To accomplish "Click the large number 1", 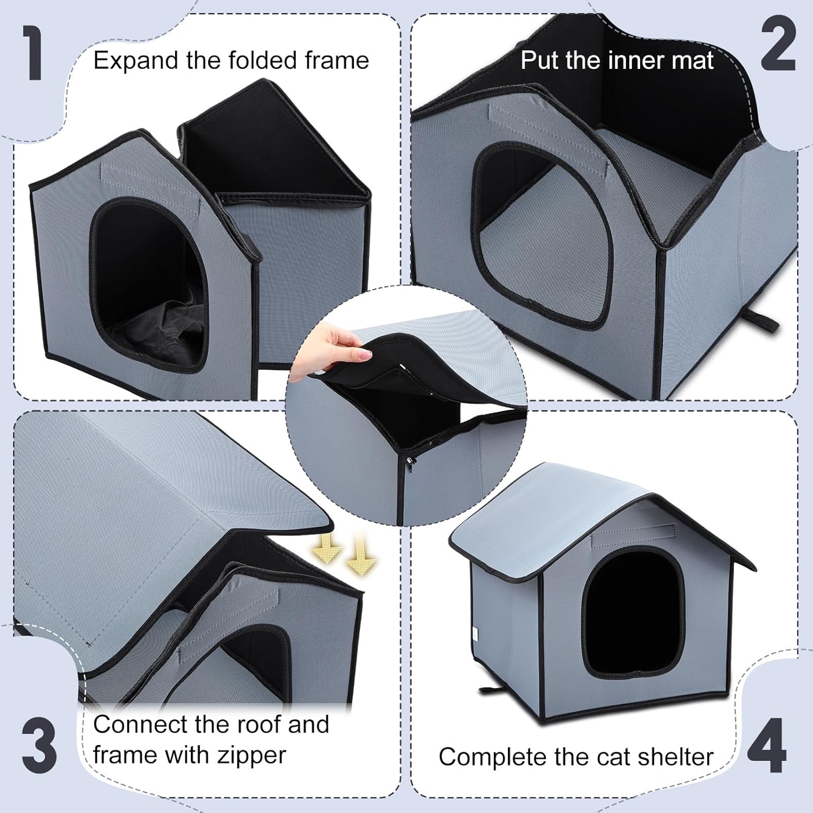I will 34,55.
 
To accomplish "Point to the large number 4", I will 766,746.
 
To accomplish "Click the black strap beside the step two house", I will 764,322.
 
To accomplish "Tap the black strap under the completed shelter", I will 495,691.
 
